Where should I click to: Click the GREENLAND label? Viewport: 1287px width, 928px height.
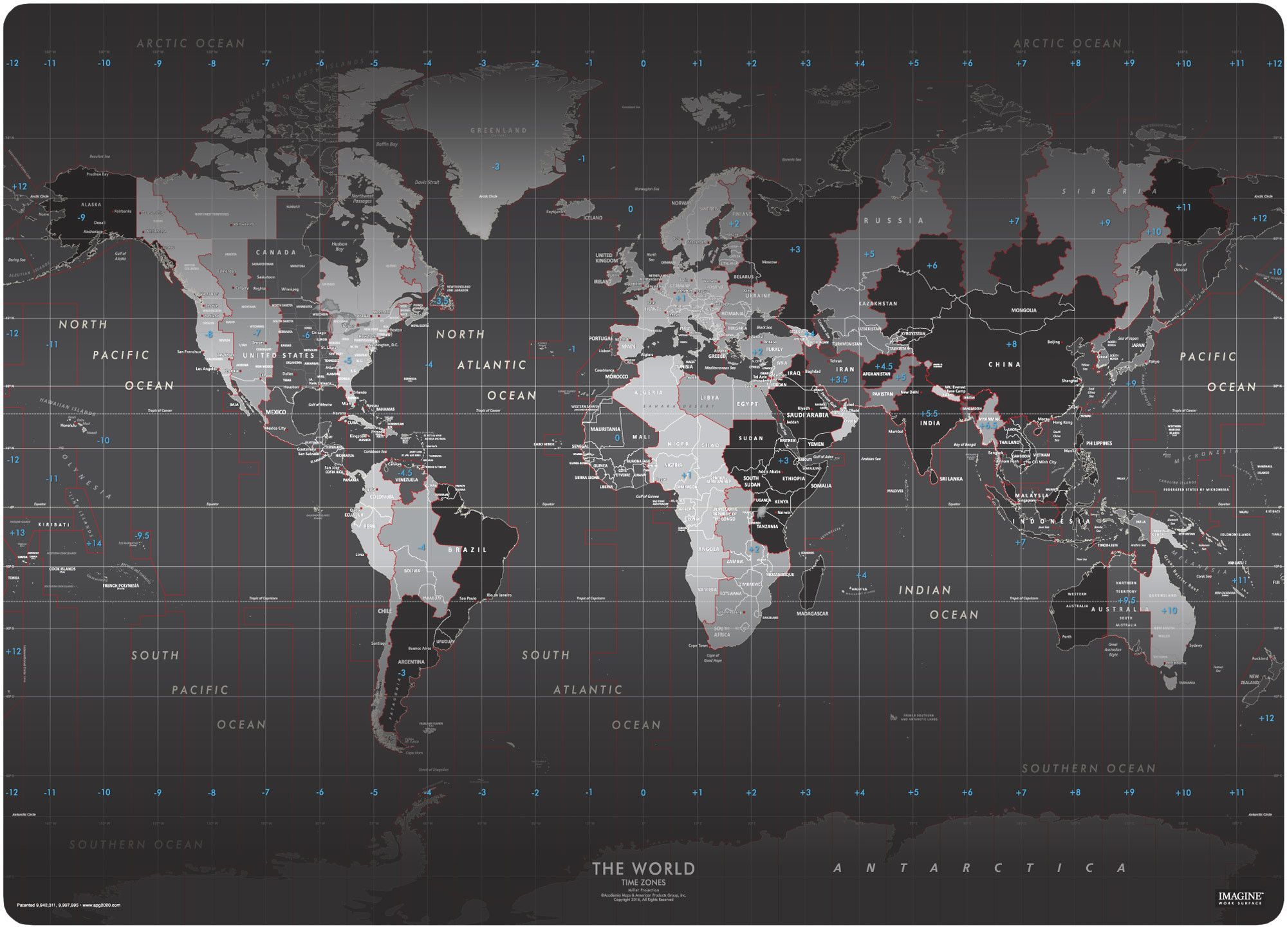(499, 130)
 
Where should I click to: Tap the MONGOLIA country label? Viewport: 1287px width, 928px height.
(1024, 310)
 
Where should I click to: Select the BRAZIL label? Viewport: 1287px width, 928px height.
(468, 550)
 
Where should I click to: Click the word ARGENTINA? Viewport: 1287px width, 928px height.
(411, 662)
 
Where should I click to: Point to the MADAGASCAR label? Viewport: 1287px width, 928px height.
(812, 613)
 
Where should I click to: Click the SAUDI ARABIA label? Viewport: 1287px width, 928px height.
(808, 415)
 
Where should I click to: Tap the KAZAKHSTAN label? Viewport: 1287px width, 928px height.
(878, 303)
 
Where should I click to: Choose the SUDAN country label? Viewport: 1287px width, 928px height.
(751, 438)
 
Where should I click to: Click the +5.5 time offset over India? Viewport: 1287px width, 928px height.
(929, 414)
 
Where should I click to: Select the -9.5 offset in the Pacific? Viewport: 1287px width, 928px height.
(142, 535)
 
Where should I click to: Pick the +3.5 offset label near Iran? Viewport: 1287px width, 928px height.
(838, 380)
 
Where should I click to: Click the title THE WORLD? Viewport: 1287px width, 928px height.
(643, 869)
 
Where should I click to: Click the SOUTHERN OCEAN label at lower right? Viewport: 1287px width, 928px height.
(1089, 768)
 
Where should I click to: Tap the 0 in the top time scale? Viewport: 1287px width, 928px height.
(643, 64)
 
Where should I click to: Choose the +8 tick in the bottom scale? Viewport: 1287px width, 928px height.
(1075, 793)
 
